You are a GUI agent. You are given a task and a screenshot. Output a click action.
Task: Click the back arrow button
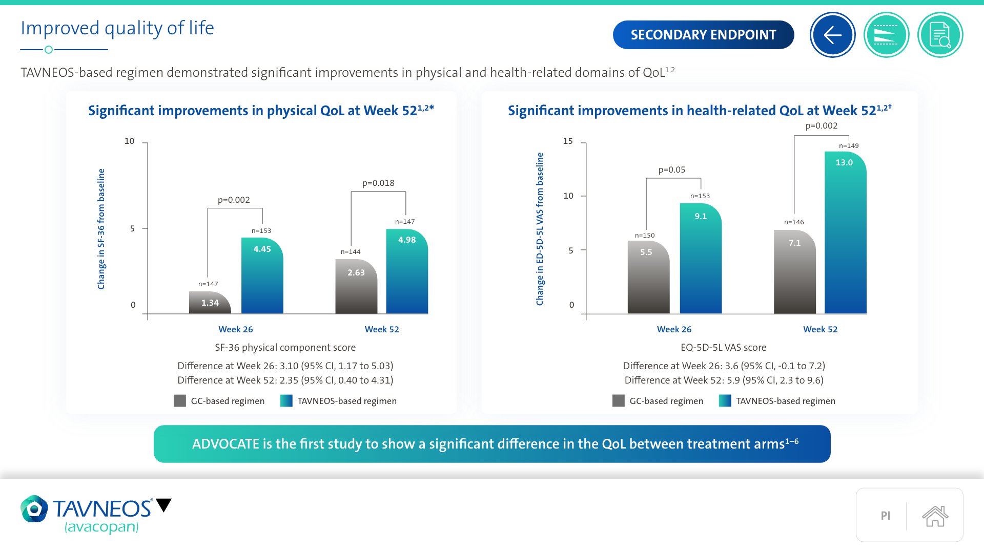click(832, 35)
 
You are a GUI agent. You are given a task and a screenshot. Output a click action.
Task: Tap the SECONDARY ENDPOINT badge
click(703, 35)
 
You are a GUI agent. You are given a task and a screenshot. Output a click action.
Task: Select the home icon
click(935, 516)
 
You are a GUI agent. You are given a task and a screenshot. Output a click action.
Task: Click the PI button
click(885, 516)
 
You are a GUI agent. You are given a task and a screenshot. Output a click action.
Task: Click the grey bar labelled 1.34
click(210, 303)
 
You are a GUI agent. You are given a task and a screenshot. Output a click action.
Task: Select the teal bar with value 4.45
click(262, 276)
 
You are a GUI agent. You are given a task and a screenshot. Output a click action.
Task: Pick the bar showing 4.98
click(407, 271)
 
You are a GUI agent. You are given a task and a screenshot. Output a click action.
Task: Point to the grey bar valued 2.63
click(356, 287)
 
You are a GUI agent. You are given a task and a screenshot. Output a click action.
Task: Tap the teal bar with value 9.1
click(701, 259)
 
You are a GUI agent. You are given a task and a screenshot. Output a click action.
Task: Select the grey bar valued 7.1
click(794, 271)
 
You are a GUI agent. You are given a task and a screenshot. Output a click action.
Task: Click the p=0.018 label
click(378, 183)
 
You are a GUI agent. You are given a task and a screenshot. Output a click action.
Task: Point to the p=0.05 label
click(671, 169)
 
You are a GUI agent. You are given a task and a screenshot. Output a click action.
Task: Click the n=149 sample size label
click(849, 146)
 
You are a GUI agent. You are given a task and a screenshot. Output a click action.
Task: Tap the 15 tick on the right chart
click(568, 141)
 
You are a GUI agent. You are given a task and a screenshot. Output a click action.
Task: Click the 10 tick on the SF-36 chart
click(130, 141)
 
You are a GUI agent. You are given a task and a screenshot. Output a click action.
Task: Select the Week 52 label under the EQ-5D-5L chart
click(820, 329)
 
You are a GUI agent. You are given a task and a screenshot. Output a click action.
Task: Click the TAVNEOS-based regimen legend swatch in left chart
click(286, 401)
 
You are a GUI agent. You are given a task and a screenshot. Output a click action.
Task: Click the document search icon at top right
click(940, 35)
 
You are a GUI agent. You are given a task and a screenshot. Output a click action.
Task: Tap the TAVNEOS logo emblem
click(34, 508)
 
